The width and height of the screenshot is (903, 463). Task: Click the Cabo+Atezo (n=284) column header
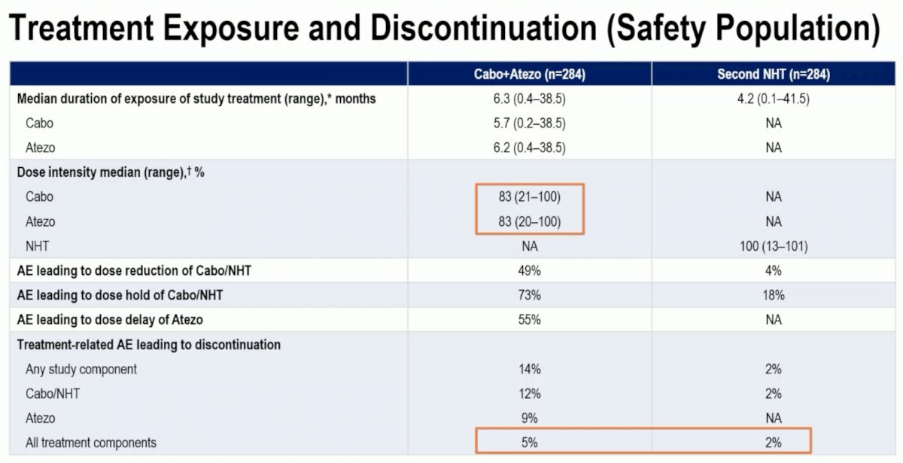click(x=529, y=75)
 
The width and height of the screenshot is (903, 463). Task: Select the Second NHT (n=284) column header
click(x=774, y=75)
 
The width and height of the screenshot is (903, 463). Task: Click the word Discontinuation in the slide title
click(x=483, y=29)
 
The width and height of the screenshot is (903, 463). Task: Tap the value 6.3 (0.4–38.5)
click(x=529, y=99)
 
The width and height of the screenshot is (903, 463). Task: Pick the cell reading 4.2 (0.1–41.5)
click(x=774, y=99)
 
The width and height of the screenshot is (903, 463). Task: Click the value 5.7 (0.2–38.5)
click(x=529, y=123)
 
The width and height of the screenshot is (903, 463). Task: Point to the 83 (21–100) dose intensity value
click(x=529, y=196)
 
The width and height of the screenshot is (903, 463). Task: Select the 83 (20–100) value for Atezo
click(x=529, y=221)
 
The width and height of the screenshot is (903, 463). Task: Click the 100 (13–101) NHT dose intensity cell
click(x=774, y=246)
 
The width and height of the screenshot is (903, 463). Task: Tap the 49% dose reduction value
click(x=529, y=270)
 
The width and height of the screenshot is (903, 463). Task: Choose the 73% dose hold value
click(x=529, y=295)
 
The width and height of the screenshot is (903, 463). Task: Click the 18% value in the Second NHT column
click(x=774, y=295)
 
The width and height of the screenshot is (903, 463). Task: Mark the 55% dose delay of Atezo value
click(x=529, y=320)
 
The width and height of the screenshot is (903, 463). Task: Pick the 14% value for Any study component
click(x=529, y=369)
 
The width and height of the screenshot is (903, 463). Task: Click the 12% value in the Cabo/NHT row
click(x=529, y=394)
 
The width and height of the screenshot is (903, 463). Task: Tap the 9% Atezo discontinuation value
click(x=529, y=419)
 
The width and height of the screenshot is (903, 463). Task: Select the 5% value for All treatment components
click(x=529, y=443)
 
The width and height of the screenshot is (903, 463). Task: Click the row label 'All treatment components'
click(x=91, y=443)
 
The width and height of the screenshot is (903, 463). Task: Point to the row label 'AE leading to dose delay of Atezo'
click(x=110, y=320)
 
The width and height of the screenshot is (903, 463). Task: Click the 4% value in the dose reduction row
click(x=774, y=270)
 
